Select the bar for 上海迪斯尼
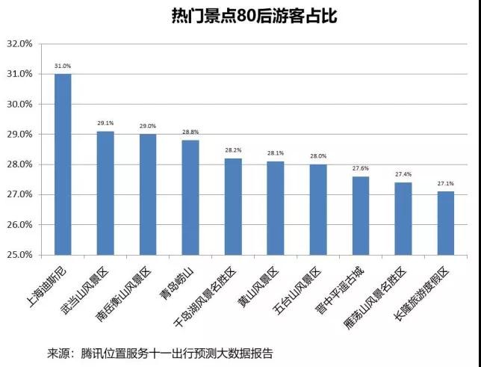63,164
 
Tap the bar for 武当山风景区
105,193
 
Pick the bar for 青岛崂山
190,197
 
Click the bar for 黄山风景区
276,208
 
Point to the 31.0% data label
63,67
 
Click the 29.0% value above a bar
148,126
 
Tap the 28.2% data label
233,150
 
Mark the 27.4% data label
403,174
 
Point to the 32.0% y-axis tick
20,44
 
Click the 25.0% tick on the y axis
20,255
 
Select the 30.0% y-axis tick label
20,104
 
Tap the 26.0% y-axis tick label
20,224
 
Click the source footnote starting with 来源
160,352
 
